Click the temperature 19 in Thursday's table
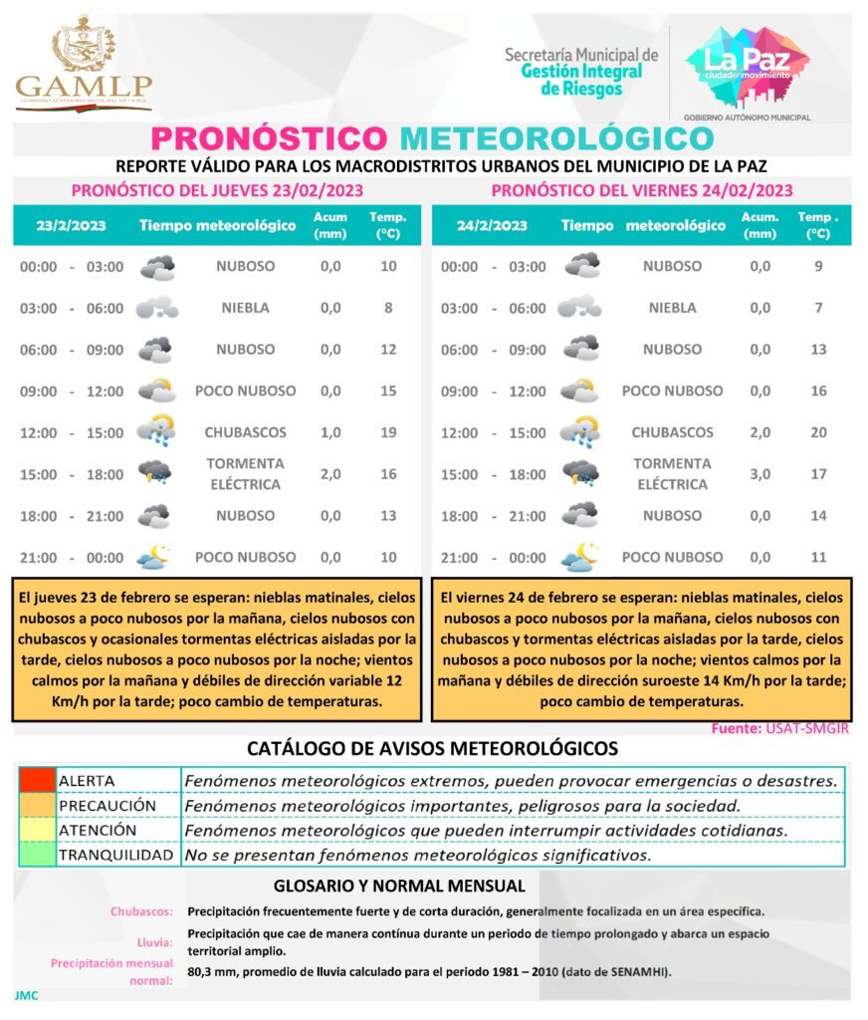(388, 432)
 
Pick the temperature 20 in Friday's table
(818, 432)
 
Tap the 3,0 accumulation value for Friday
(759, 474)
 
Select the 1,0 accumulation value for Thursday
(329, 432)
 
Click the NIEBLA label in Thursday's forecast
(245, 308)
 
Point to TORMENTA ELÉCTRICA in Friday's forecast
(672, 474)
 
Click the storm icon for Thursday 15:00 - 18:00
(155, 473)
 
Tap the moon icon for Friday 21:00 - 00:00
(578, 558)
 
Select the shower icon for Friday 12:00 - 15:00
(578, 431)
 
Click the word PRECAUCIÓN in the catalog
(108, 805)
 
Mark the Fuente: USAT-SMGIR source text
(780, 729)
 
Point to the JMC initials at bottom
(26, 994)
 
